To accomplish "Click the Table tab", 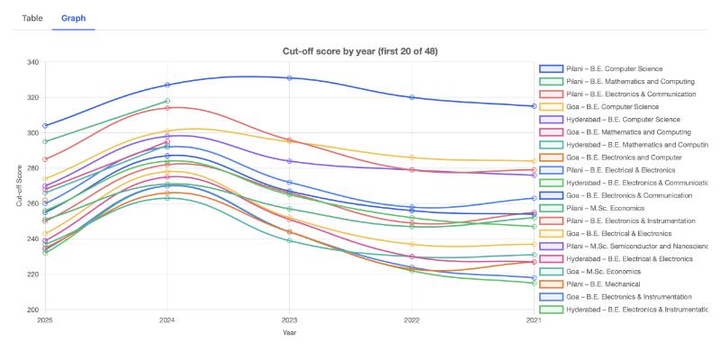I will point(32,18).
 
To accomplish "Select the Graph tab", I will point(73,18).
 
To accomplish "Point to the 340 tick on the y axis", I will point(33,62).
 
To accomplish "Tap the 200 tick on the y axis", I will point(33,310).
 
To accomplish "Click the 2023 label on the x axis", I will point(289,319).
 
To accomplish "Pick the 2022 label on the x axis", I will point(411,319).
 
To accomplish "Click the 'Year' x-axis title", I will point(289,332).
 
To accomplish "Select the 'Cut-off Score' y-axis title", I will point(20,185).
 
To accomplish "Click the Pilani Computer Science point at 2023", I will point(289,78).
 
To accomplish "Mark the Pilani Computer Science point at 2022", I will point(411,97).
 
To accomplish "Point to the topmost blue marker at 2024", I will point(167,85).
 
